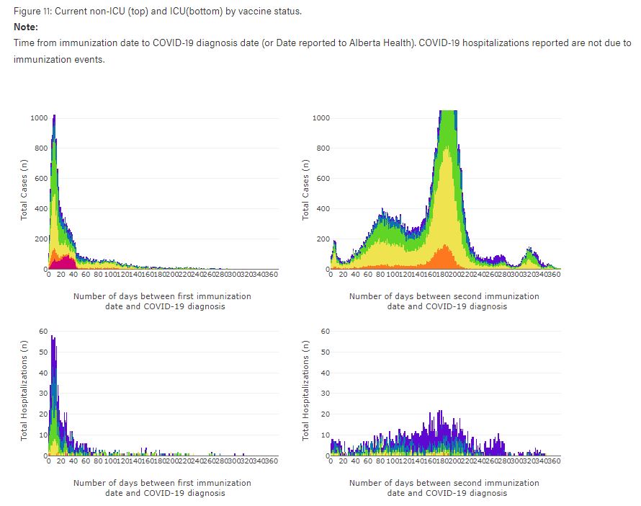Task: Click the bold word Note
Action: (x=25, y=27)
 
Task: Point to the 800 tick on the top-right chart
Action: (x=322, y=148)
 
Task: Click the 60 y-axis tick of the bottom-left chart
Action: (x=43, y=331)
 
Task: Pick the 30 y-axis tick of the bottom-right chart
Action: (x=326, y=394)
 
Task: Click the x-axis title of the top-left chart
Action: (x=162, y=301)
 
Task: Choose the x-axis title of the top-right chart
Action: (x=444, y=301)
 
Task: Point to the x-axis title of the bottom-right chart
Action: (x=444, y=488)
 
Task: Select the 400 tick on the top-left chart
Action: (x=40, y=209)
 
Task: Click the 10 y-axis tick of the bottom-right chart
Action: (x=326, y=435)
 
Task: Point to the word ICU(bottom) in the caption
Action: (x=166, y=12)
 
